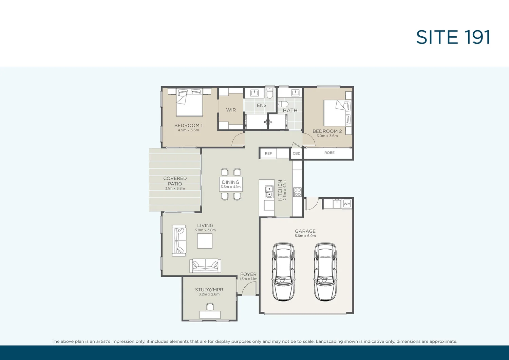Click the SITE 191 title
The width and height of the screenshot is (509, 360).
pos(453,37)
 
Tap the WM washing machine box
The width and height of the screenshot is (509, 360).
pos(347,204)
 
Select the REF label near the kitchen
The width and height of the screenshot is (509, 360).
pos(268,154)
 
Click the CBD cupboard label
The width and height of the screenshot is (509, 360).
pos(297,154)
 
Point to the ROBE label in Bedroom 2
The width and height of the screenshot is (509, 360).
pos(329,153)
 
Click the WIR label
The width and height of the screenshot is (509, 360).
pos(231,110)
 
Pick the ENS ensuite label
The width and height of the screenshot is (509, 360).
pos(262,105)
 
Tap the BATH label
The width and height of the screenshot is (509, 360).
pos(290,110)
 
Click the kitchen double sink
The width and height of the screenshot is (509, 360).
pos(269,192)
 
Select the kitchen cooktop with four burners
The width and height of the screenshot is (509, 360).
pos(297,192)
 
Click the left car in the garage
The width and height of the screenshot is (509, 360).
pos(283,272)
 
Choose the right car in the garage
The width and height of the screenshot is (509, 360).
pos(325,272)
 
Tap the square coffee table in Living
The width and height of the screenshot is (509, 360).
pos(205,241)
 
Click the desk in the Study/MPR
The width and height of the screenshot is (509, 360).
pos(210,314)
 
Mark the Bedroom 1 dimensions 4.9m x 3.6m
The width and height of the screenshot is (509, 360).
pos(188,130)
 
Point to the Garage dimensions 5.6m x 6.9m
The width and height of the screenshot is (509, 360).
pos(305,236)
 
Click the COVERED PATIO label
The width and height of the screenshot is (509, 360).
pos(175,181)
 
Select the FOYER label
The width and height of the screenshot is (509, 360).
pos(248,274)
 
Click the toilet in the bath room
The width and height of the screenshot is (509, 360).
pos(283,104)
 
